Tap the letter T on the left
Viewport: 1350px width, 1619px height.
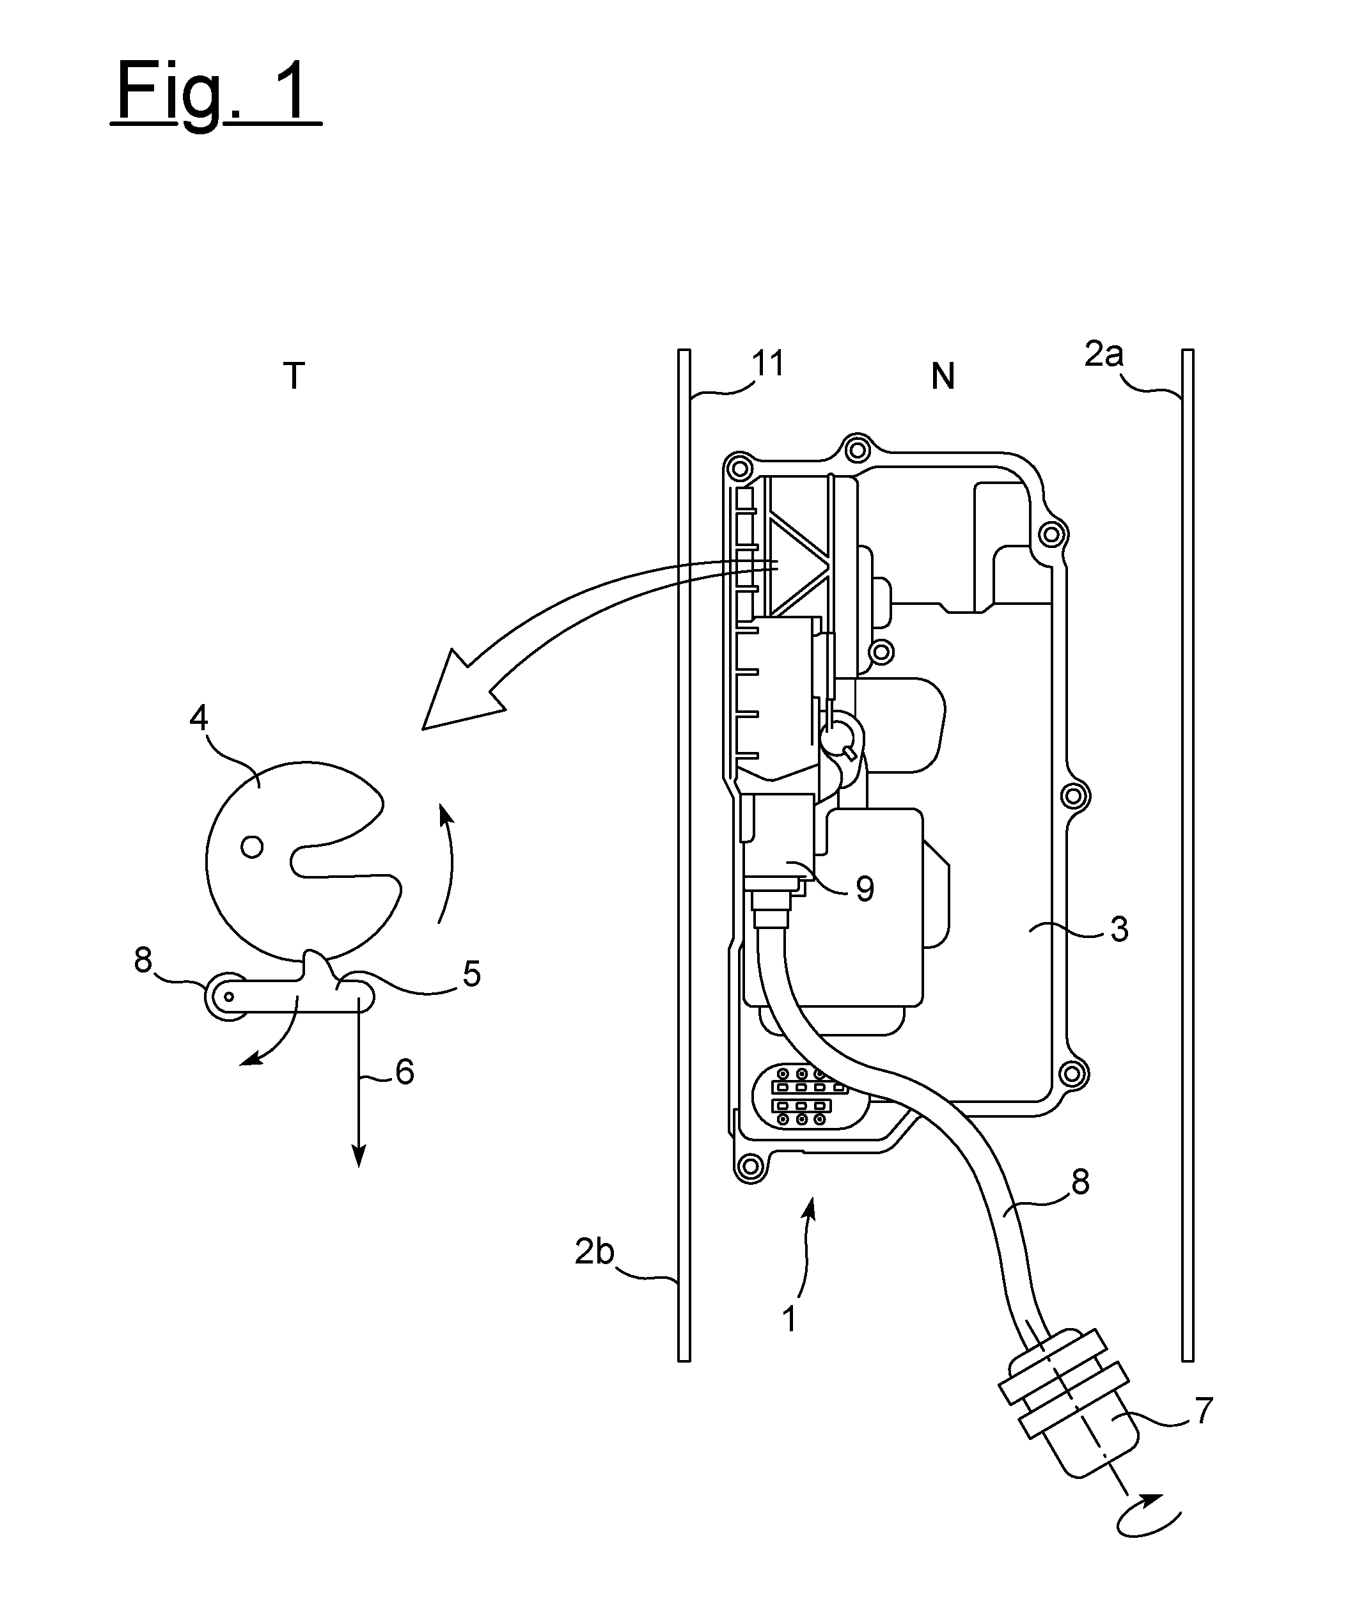point(294,376)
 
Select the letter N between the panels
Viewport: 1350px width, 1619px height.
point(943,376)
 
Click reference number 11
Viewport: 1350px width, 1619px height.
point(768,363)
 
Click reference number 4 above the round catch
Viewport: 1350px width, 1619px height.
point(199,719)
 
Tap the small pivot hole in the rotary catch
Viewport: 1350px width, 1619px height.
point(252,847)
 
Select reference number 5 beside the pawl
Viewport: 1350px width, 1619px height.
point(472,974)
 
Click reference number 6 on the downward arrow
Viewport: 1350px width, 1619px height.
point(405,1072)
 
